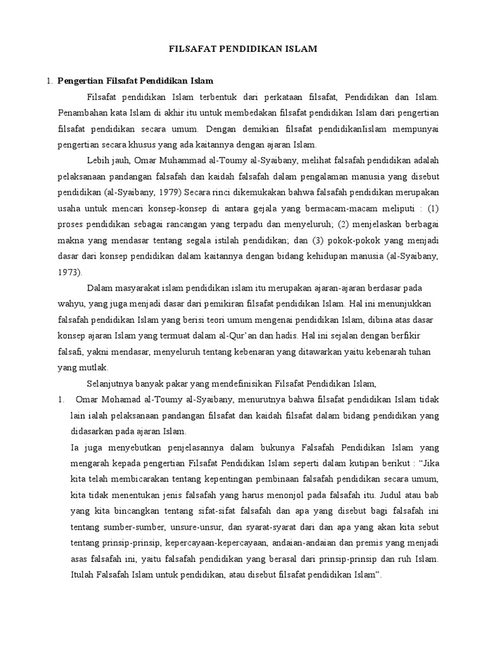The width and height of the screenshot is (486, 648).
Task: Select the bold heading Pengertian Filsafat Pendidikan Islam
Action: [x=135, y=81]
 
